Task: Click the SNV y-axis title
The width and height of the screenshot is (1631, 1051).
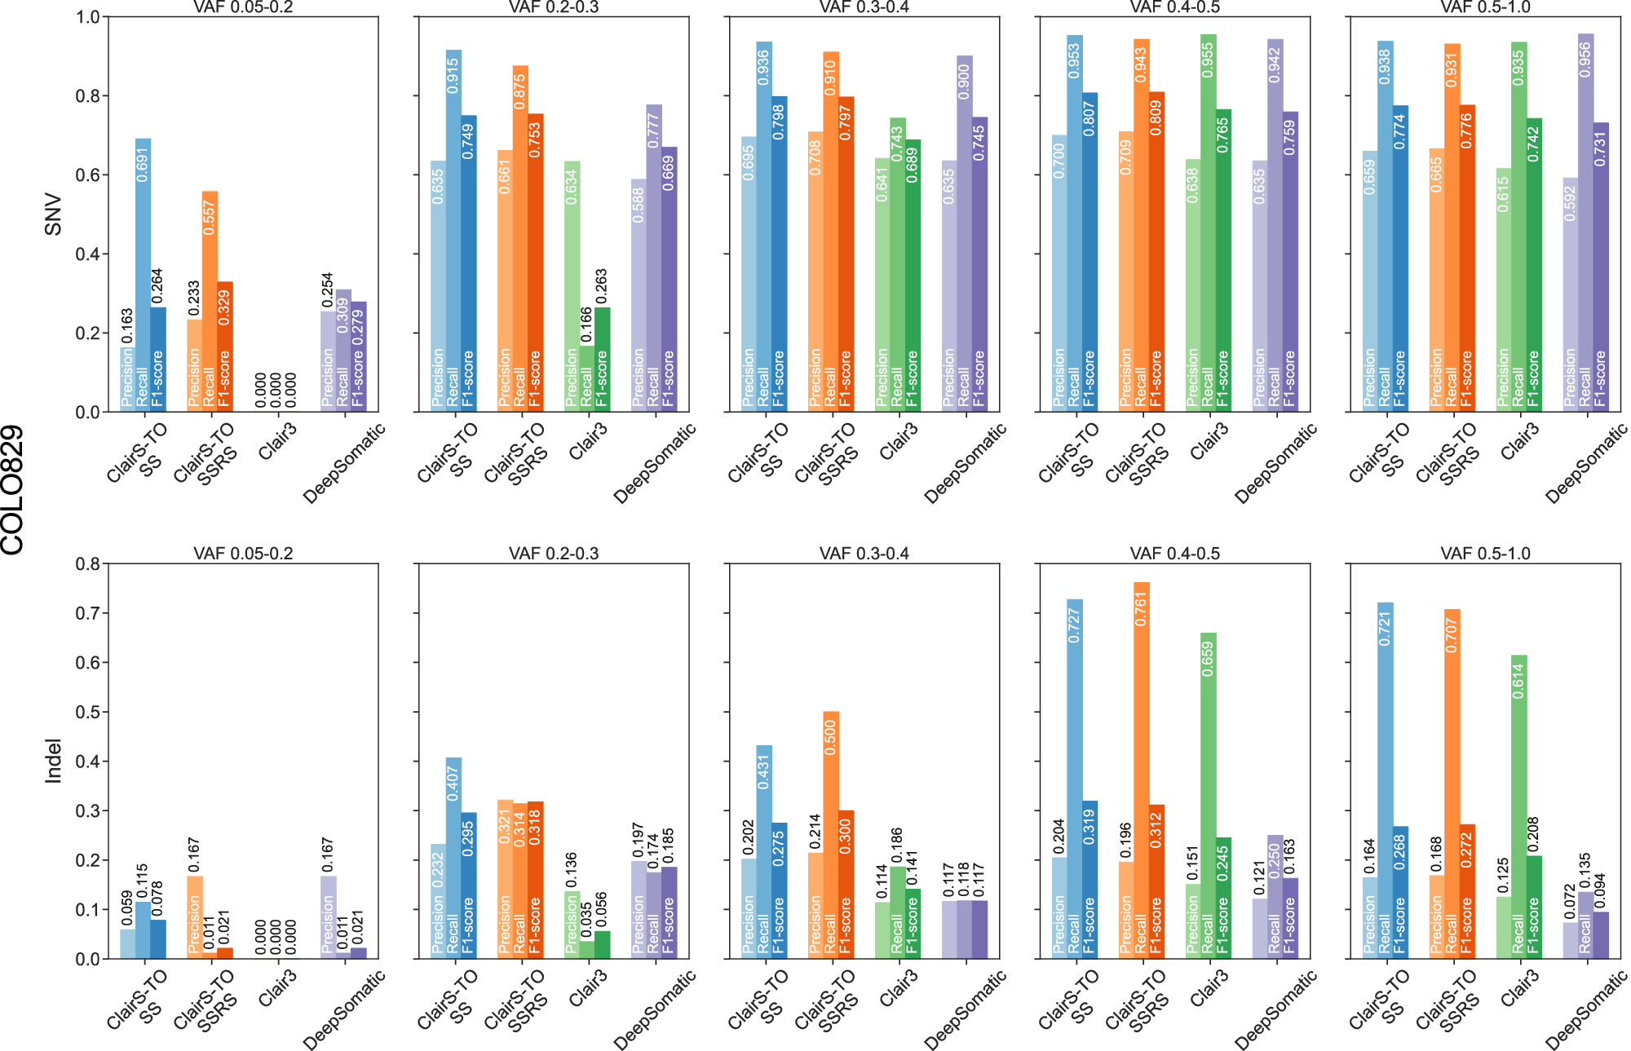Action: pos(54,214)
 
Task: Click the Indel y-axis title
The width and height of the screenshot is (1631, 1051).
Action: pos(54,761)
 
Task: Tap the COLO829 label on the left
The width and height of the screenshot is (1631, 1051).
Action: pos(13,490)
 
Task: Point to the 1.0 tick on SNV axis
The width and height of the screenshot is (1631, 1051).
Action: pos(87,17)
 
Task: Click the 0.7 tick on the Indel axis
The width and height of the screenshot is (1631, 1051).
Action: pos(87,613)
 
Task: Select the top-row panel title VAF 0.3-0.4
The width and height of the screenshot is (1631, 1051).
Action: pos(864,7)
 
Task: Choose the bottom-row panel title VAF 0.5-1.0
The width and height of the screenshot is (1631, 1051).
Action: pos(1485,554)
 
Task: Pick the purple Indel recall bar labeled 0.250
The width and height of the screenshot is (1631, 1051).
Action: pos(1275,897)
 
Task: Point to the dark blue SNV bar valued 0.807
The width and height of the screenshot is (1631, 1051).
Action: pos(1089,245)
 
